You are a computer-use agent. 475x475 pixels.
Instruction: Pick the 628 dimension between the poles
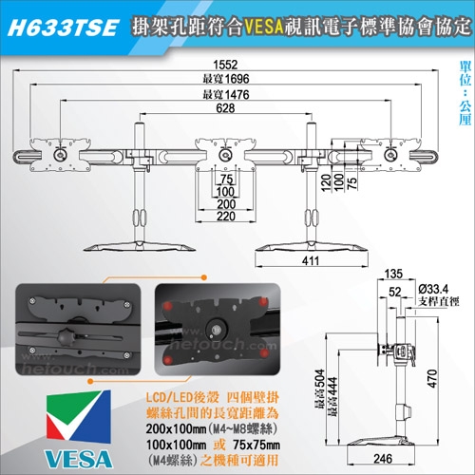(225, 110)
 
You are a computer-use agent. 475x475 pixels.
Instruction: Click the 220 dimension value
(225, 216)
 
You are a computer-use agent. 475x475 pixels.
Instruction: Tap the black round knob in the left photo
(66, 334)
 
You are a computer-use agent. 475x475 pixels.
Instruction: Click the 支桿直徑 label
(435, 302)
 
